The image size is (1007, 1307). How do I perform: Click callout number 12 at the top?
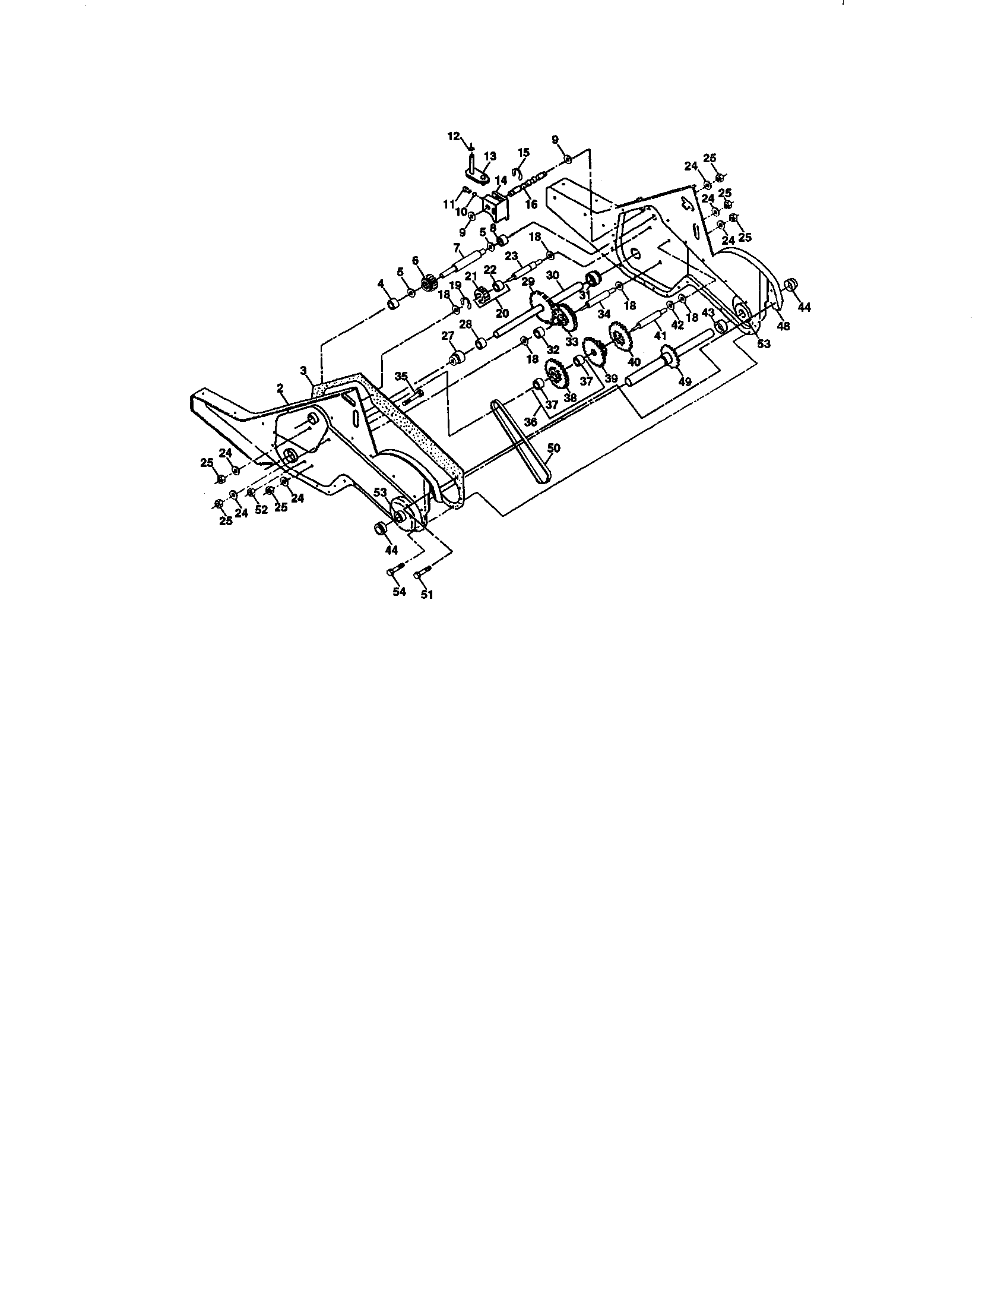coord(454,136)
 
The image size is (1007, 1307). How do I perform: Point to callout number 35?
coord(401,375)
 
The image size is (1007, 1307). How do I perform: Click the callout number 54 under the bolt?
coord(399,591)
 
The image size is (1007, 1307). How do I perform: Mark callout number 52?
coord(261,510)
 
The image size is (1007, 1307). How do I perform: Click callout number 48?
coord(783,326)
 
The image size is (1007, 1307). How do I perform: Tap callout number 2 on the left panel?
coord(280,388)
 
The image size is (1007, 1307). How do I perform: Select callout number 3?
coord(304,371)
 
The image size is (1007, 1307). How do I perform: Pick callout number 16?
coord(531,204)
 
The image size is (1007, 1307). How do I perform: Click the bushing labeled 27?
coord(458,359)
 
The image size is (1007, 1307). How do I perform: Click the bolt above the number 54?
coord(395,570)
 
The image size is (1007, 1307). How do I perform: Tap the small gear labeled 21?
coord(481,295)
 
